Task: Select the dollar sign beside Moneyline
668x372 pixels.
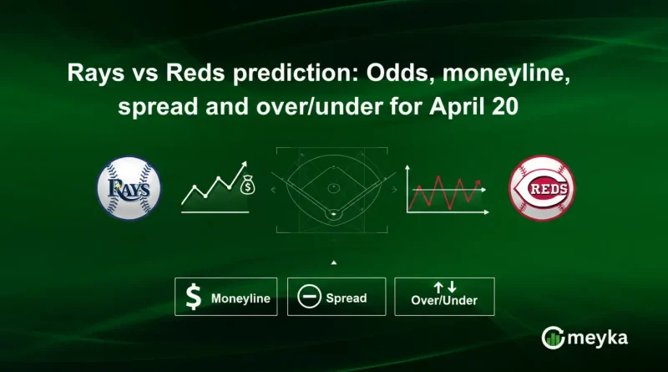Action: click(193, 298)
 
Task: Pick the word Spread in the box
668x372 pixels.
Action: click(346, 298)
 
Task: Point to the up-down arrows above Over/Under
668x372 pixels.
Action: click(445, 287)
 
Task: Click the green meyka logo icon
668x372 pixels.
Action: click(552, 338)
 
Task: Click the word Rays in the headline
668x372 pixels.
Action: click(87, 74)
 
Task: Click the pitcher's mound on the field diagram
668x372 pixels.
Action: click(333, 186)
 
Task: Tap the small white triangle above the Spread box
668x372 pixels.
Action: click(334, 262)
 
